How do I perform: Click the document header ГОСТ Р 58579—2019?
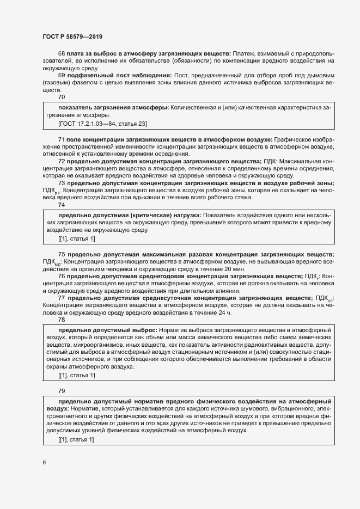coord(72,36)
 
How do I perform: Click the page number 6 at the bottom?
coord(44,463)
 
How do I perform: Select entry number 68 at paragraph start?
coord(62,53)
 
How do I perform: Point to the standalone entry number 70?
coord(62,96)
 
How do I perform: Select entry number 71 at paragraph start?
coord(62,140)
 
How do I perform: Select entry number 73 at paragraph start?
coord(62,183)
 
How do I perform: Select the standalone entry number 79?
coord(62,391)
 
